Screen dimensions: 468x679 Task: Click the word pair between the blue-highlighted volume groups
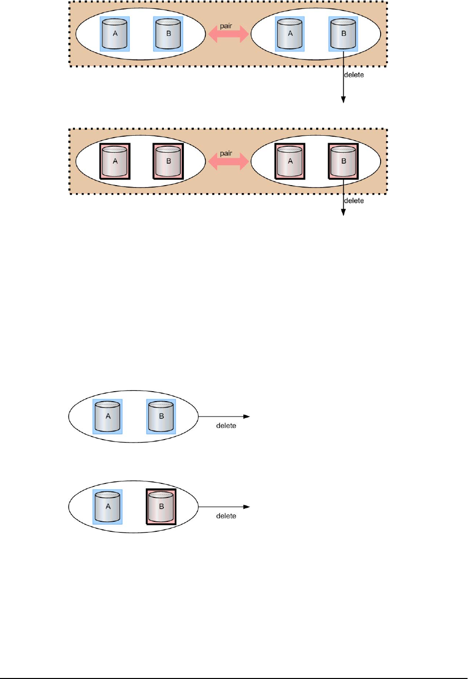tap(226, 26)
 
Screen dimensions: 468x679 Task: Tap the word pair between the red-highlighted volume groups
tap(226, 153)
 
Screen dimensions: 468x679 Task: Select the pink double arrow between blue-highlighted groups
tap(228, 34)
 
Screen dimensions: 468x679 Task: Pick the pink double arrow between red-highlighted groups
tap(228, 161)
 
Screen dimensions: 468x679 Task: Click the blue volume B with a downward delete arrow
tap(343, 34)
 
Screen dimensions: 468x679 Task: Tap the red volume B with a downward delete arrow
tap(343, 161)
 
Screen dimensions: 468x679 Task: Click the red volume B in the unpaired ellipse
tap(161, 507)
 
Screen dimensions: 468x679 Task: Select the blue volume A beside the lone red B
tap(108, 507)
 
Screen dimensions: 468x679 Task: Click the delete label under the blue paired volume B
tap(354, 75)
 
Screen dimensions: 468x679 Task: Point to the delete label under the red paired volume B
tap(354, 201)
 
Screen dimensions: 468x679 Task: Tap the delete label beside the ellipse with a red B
tap(226, 516)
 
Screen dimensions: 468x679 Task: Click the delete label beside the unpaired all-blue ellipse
tap(226, 426)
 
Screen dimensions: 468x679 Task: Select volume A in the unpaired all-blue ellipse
tap(108, 417)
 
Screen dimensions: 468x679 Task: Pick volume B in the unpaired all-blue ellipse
tap(161, 417)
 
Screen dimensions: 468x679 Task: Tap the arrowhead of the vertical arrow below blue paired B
tap(343, 100)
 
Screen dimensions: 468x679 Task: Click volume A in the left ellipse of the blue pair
tap(115, 34)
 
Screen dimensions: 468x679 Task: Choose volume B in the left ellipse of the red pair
tap(168, 161)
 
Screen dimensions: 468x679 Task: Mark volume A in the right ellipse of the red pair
tap(290, 161)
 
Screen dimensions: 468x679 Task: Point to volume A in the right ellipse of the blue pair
tap(290, 34)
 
